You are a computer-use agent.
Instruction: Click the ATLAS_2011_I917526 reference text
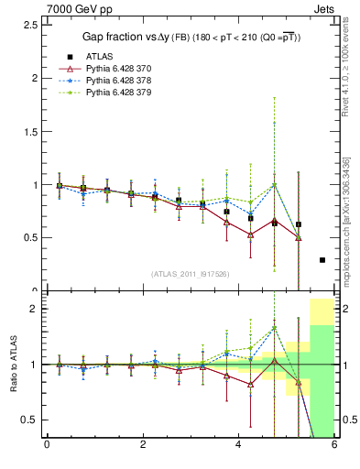(x=191, y=274)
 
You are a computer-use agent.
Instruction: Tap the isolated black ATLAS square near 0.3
(x=322, y=260)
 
